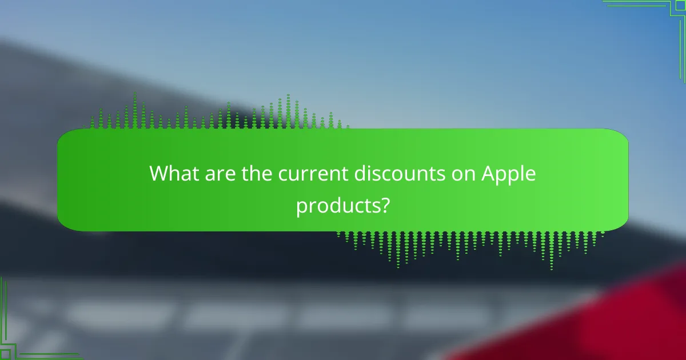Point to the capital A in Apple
(x=487, y=174)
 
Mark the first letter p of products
(x=301, y=206)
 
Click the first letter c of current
(x=283, y=175)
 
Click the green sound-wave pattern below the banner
(x=469, y=246)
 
